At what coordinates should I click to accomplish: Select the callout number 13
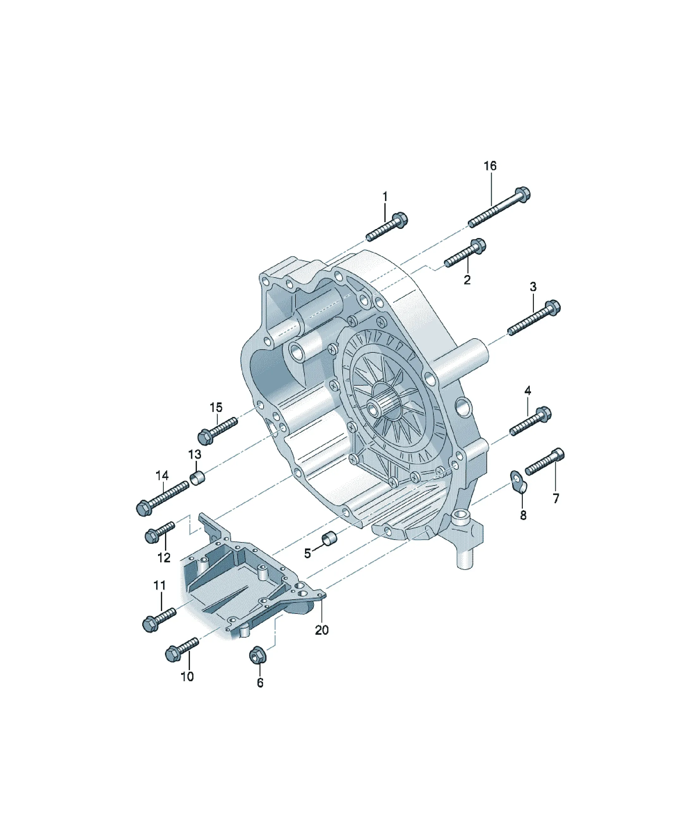(x=195, y=454)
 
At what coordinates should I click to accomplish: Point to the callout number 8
(x=523, y=515)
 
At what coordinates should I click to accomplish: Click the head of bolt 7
(x=559, y=455)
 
